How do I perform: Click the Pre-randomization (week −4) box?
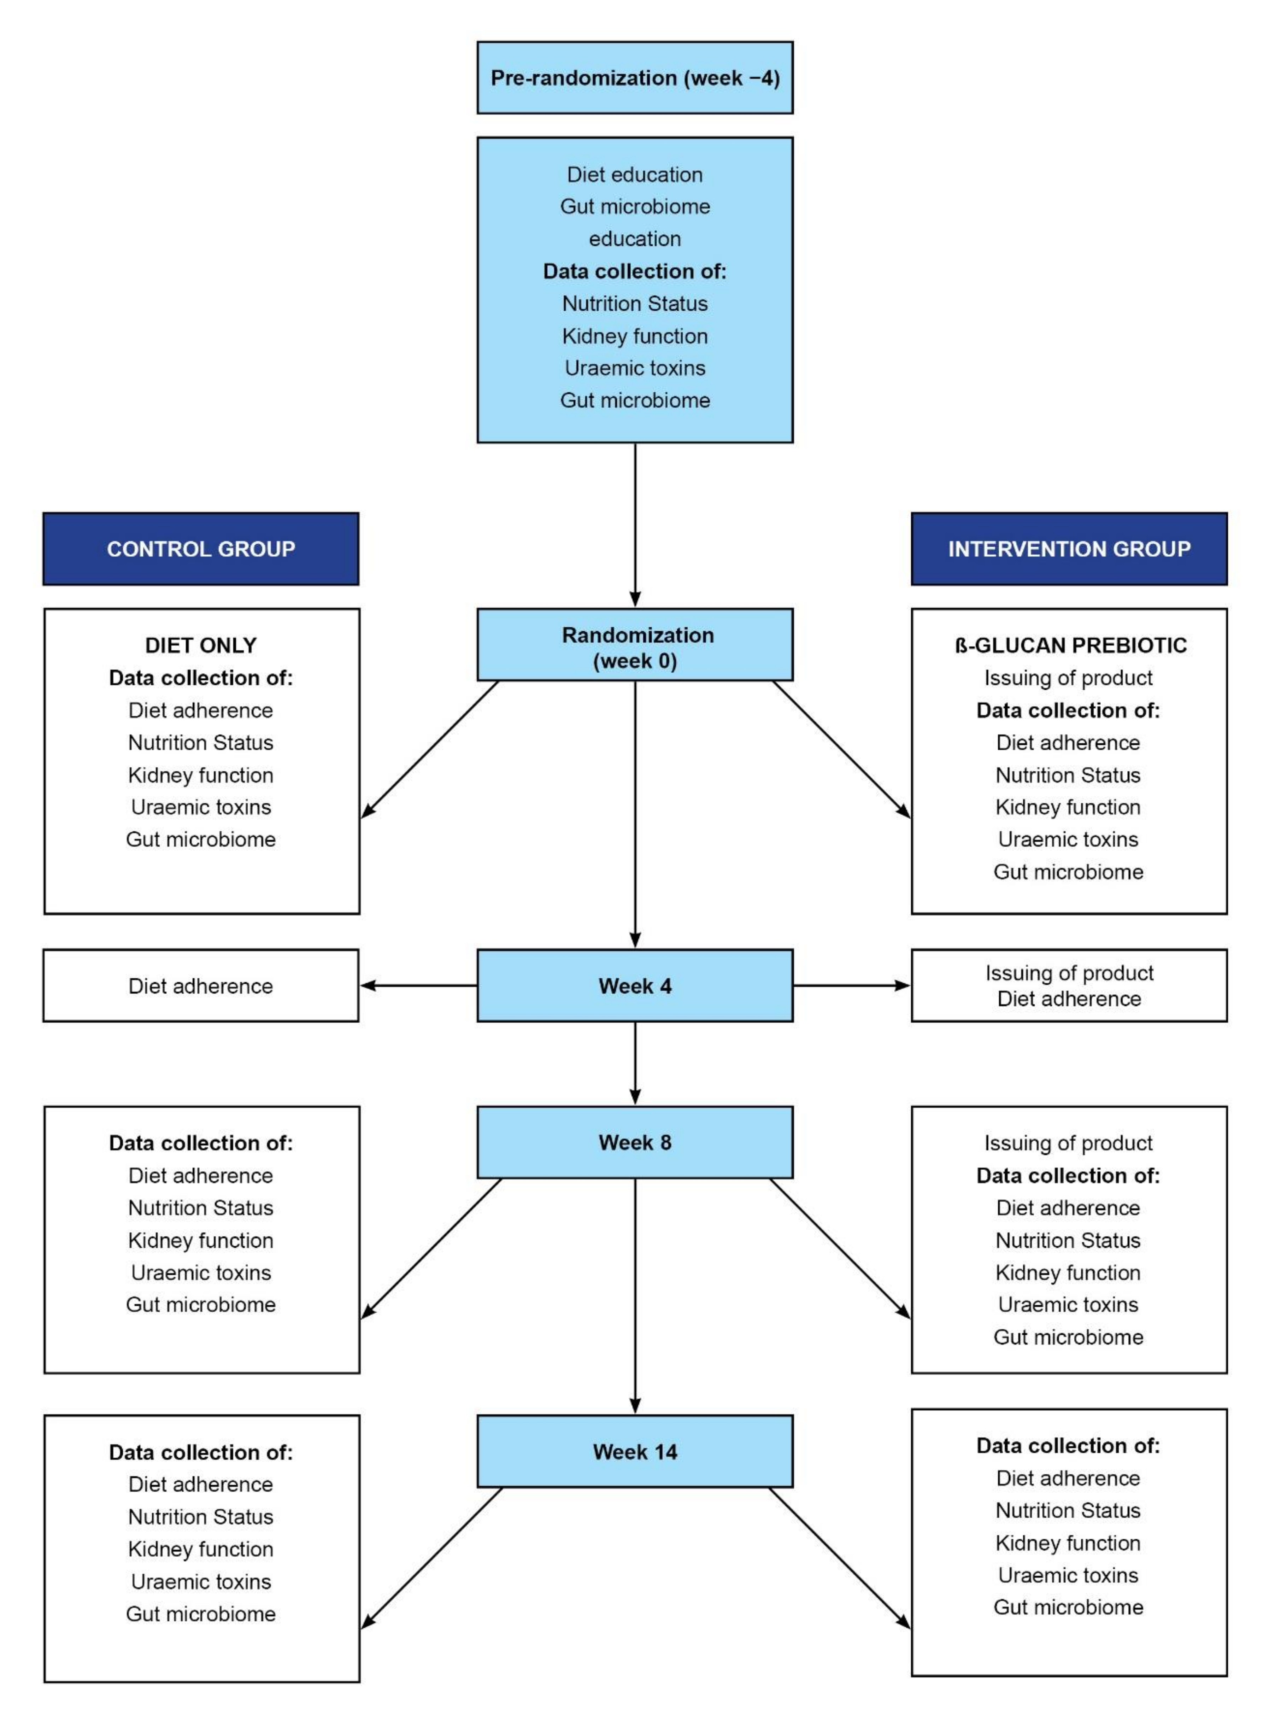[x=635, y=78]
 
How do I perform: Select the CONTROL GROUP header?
[x=200, y=549]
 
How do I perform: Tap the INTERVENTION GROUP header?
[x=1069, y=549]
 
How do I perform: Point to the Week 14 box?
[x=635, y=1451]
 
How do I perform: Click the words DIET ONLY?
[x=200, y=645]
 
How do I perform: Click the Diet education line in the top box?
[x=635, y=174]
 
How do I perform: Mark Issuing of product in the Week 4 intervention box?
[x=1069, y=973]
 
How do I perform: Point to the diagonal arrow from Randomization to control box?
[x=430, y=749]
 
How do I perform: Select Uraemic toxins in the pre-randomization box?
[x=635, y=368]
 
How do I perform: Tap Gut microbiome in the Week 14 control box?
[x=200, y=1614]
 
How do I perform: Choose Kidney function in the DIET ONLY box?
[x=200, y=774]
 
